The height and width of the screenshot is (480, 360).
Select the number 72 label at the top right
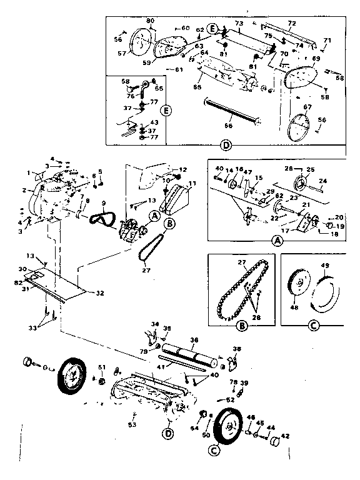coord(291,22)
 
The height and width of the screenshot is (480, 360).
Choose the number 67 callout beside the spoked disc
coord(307,107)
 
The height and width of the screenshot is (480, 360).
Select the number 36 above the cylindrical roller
coord(194,339)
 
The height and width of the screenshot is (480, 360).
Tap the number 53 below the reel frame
coord(132,425)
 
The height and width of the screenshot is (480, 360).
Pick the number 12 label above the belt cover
coord(182,169)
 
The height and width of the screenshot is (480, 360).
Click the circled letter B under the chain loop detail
coord(242,326)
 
